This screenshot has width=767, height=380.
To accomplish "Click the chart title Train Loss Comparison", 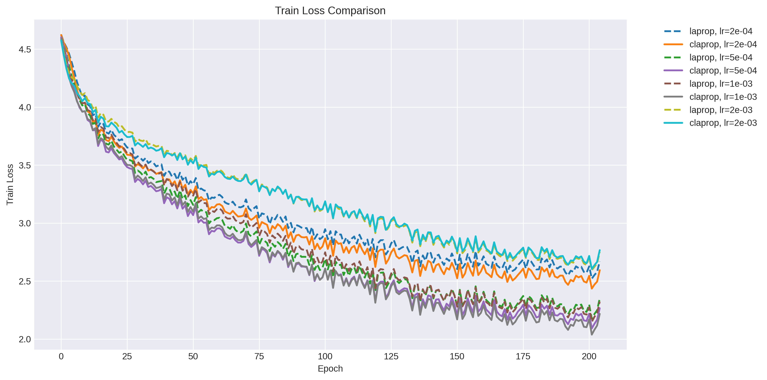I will point(330,11).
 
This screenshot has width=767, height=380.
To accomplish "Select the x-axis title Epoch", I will point(330,369).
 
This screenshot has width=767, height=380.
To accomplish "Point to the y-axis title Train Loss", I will point(10,184).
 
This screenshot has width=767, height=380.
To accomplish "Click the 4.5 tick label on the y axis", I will point(25,49).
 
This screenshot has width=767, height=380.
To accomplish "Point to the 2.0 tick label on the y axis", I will point(25,340).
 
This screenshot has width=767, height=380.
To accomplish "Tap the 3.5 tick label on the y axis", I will point(25,166).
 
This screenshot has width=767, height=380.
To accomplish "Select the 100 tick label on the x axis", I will point(325,357).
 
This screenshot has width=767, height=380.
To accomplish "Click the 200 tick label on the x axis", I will point(589,357).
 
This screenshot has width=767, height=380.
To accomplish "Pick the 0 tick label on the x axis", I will point(61,357).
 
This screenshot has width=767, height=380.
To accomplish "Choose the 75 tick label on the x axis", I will point(259,357).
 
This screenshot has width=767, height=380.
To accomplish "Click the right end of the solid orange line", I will point(600,270).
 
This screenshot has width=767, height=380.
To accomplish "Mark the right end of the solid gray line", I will point(600,314).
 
